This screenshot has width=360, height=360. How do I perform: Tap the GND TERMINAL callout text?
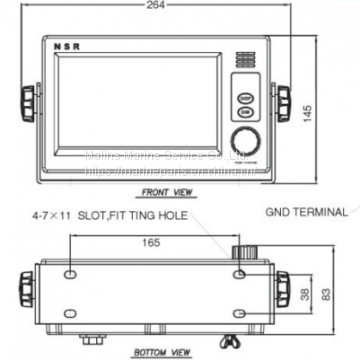coord(308,212)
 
